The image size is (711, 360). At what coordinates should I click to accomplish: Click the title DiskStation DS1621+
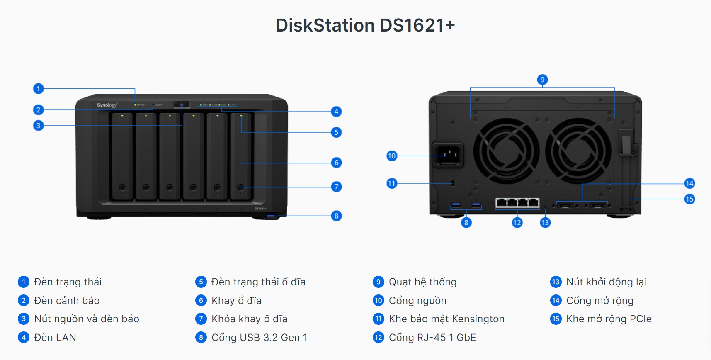coord(365,25)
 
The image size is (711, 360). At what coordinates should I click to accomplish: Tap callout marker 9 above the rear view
coord(542,80)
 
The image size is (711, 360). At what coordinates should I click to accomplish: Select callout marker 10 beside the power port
coord(392,156)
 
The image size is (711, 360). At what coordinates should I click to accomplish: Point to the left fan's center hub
coord(507,151)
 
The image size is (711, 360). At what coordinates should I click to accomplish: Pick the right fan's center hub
coord(578,151)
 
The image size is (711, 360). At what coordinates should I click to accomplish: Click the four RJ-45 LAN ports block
coord(517,203)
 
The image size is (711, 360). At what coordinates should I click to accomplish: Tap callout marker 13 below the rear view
coord(545,223)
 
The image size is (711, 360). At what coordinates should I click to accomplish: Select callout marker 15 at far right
coord(689,199)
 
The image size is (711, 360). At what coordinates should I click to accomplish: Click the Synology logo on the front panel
coord(107,105)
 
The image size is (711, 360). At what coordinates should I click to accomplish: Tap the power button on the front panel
coord(182,105)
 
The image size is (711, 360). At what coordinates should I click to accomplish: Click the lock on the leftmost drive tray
coord(122,187)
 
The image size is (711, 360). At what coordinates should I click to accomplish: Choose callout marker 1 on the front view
coord(38,88)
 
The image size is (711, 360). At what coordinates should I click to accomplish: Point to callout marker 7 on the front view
coord(336,187)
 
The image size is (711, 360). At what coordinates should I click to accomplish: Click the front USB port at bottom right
coord(272,216)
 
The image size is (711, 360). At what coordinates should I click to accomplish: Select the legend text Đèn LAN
coord(55,338)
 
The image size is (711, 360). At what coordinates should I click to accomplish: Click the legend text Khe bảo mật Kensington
coord(446,319)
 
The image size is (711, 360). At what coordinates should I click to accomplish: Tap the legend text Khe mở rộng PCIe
coord(609,319)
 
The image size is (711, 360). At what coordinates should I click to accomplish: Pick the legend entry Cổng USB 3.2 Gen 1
coord(259,338)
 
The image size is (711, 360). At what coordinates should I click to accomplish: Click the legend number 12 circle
coord(378,337)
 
